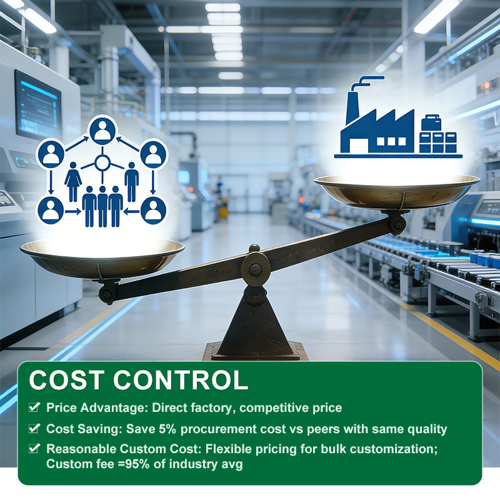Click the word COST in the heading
click(x=67, y=380)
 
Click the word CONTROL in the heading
click(x=181, y=380)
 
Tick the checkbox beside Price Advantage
click(x=34, y=407)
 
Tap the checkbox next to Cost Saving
click(x=34, y=428)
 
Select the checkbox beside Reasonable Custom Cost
click(x=34, y=448)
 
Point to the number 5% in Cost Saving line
click(x=167, y=429)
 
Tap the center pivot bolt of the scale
click(x=256, y=269)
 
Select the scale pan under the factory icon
click(x=397, y=192)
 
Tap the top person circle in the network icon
click(x=102, y=131)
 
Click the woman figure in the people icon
click(x=73, y=181)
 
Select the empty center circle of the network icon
click(x=102, y=163)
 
